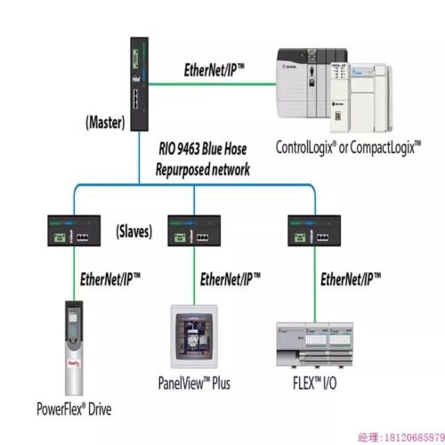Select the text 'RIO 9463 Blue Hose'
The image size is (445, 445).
pyautogui.click(x=209, y=150)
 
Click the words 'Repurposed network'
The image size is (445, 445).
pyautogui.click(x=203, y=167)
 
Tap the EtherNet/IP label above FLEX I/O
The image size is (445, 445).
pyautogui.click(x=351, y=279)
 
